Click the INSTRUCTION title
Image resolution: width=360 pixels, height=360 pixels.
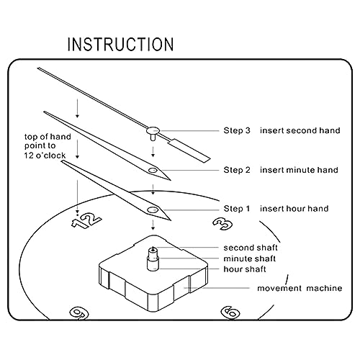click(x=120, y=45)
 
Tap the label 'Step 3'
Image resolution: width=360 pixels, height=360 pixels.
click(x=237, y=130)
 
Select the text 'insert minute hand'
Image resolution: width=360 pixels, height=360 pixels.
click(x=299, y=170)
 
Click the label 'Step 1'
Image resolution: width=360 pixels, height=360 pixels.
click(x=237, y=209)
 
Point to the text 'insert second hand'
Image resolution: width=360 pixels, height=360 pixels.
click(x=300, y=130)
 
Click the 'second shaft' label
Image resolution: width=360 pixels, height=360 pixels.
click(x=251, y=248)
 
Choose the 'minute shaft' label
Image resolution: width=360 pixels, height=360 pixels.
click(x=250, y=258)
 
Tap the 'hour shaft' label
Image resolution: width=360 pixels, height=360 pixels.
click(x=245, y=269)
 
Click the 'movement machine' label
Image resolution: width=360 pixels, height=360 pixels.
click(x=300, y=288)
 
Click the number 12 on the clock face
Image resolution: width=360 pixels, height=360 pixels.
click(x=86, y=220)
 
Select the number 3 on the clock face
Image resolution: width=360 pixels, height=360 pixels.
click(x=222, y=224)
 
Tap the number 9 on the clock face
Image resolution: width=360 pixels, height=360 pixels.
click(x=79, y=313)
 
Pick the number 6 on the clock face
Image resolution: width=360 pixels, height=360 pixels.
click(x=230, y=312)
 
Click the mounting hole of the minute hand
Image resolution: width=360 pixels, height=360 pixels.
click(x=153, y=171)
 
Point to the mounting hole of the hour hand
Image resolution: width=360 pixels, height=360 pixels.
click(x=153, y=210)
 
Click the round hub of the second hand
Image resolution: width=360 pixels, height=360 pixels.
click(x=153, y=130)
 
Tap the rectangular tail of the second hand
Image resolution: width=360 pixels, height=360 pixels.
click(x=189, y=150)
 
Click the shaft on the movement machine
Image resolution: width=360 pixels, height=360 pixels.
click(x=153, y=260)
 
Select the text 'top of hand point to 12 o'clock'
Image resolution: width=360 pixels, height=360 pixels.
click(x=48, y=146)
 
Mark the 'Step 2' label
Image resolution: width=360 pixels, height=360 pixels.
click(x=237, y=170)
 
